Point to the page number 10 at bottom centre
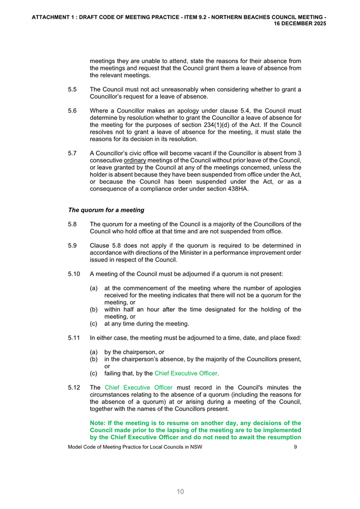(180, 491)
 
